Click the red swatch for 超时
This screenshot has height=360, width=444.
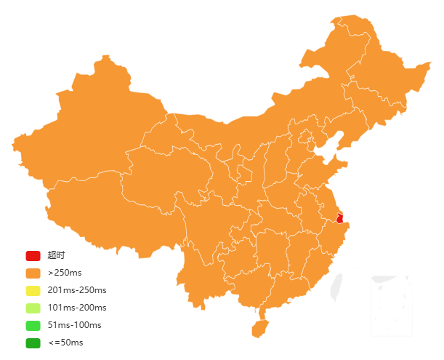pos(33,255)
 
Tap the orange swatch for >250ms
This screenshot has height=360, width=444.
pos(33,273)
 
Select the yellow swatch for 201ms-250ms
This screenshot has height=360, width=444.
pos(33,290)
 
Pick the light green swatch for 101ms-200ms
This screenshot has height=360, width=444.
pos(33,308)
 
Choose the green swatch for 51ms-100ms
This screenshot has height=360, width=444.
pos(33,325)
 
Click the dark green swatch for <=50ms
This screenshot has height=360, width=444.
pos(33,343)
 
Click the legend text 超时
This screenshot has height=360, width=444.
pos(56,255)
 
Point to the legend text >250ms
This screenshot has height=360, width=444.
pos(65,273)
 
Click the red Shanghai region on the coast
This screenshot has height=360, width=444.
pos(339,218)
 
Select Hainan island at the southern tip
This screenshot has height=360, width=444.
pos(259,328)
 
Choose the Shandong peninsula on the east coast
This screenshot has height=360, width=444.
pos(320,175)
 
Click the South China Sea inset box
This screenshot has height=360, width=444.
pos(391,305)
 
